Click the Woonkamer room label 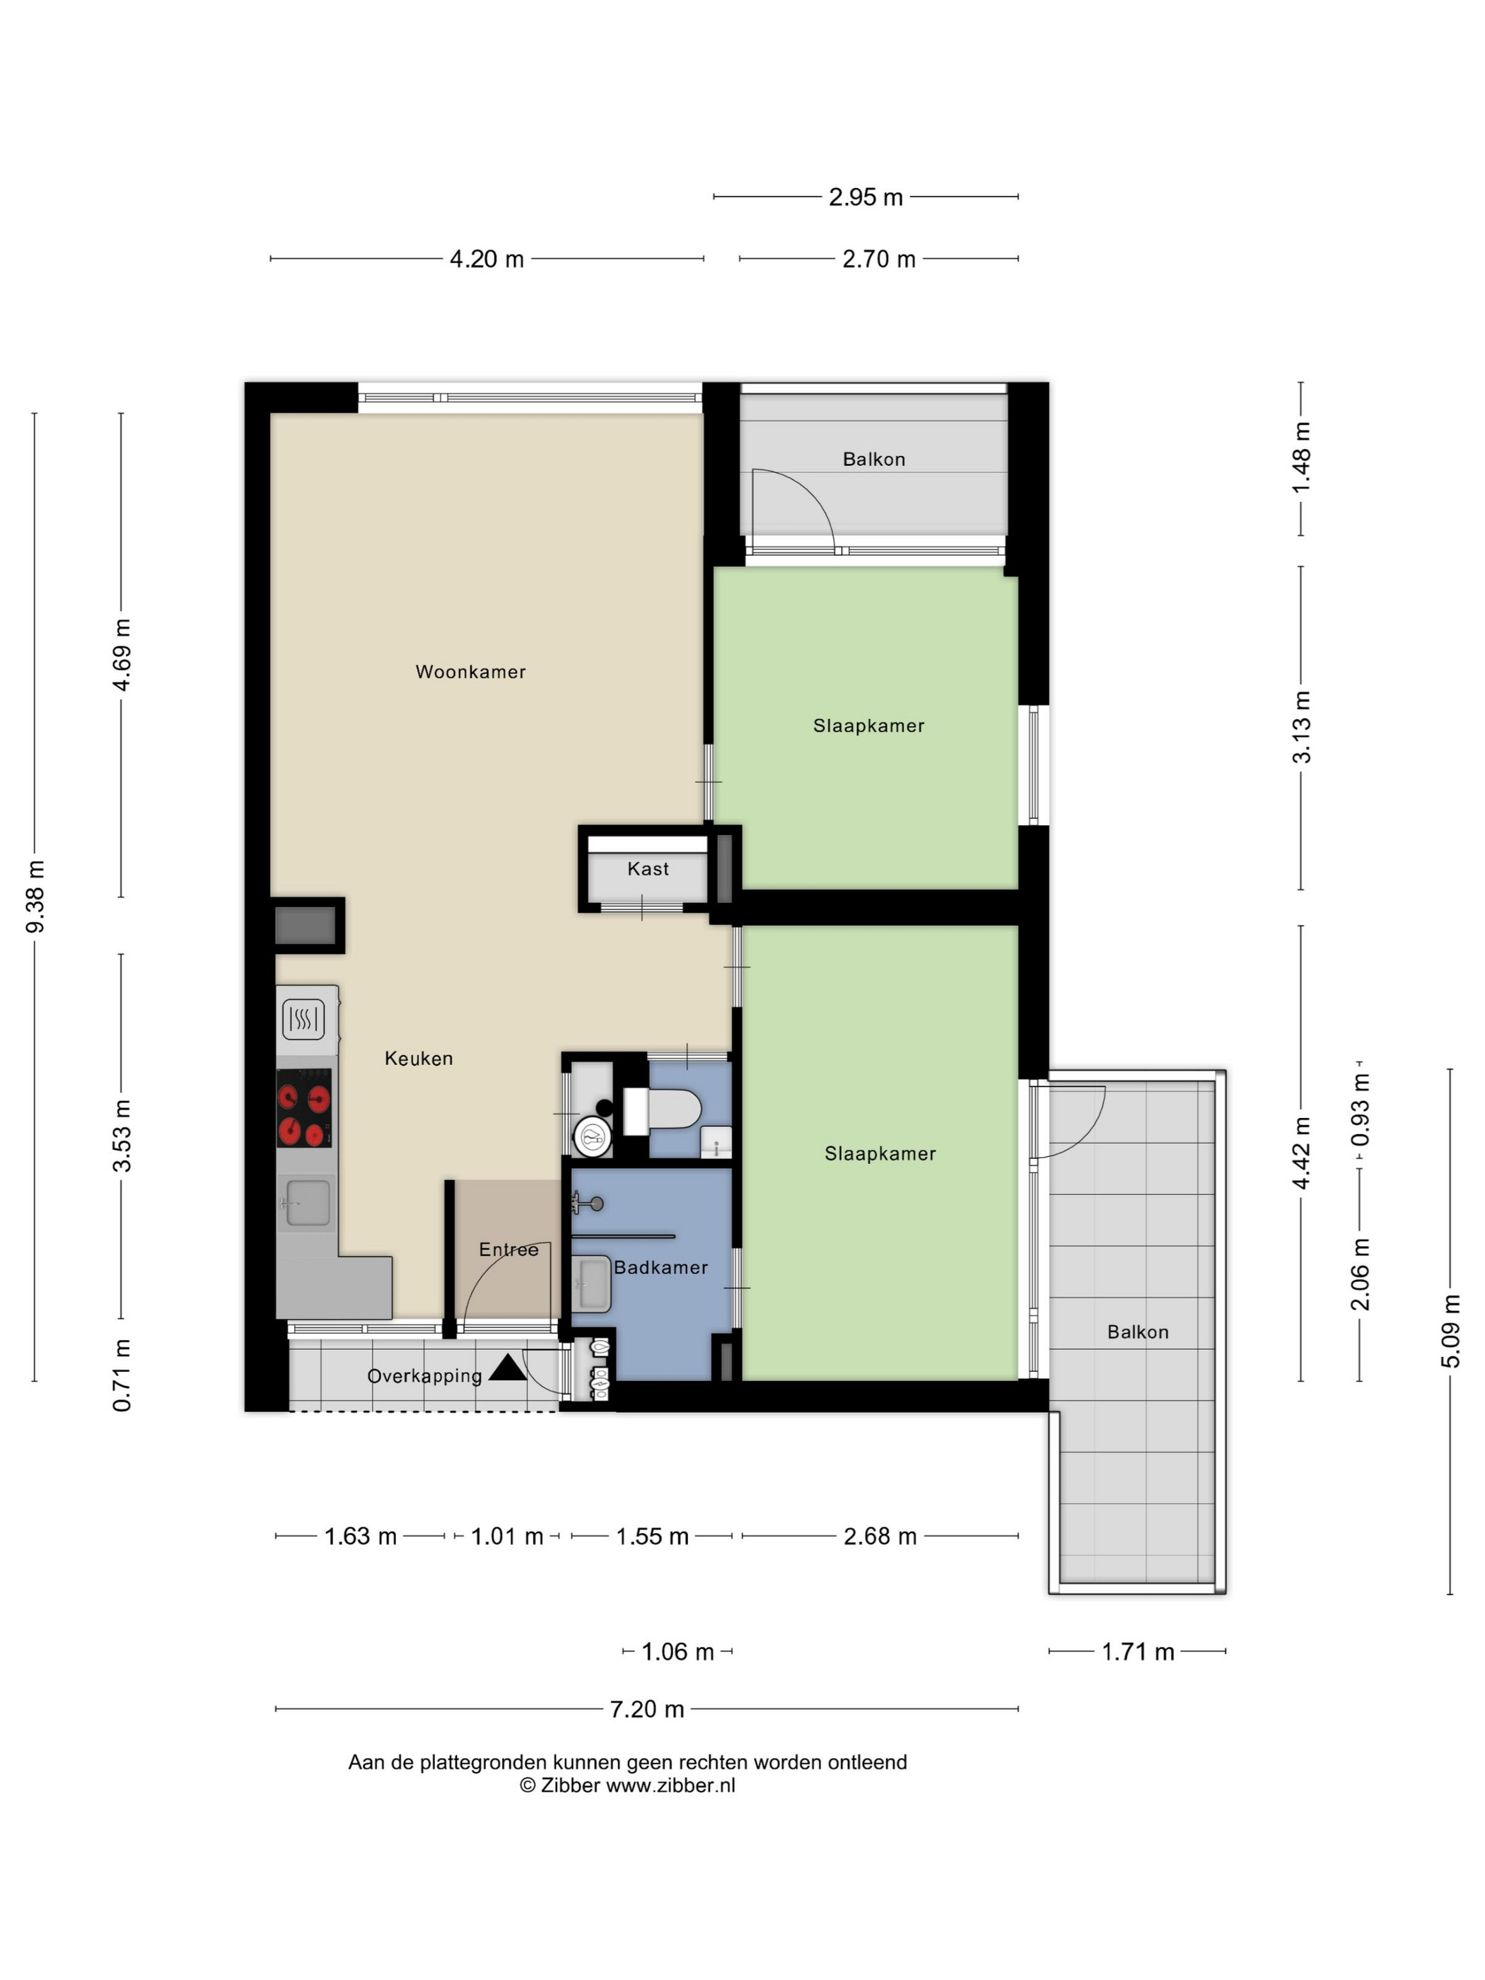click(470, 671)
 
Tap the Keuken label click(418, 1058)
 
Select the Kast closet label click(648, 868)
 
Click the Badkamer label click(660, 1266)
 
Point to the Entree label click(508, 1249)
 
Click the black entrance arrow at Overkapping click(508, 1366)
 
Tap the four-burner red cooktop click(303, 1107)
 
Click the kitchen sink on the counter click(307, 1202)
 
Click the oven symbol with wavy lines click(303, 1019)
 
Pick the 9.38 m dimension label click(35, 896)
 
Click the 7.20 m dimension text click(646, 1708)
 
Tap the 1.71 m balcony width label click(1137, 1651)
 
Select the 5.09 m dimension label click(1450, 1331)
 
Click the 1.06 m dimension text click(677, 1651)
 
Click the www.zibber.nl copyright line click(627, 1785)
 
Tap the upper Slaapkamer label click(868, 725)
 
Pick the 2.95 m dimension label click(866, 197)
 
